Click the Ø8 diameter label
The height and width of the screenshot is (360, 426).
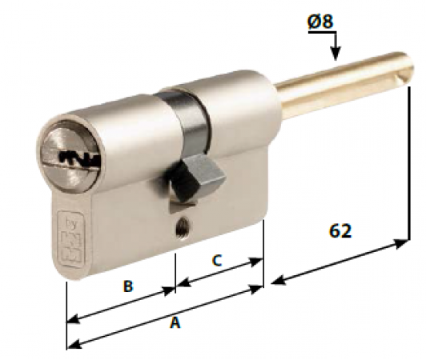320,22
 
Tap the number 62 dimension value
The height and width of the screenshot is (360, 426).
341,230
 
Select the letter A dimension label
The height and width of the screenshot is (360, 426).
175,323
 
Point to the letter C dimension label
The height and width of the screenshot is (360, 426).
215,261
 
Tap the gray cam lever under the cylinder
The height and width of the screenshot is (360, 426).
191,175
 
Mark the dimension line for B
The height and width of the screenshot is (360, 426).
120,304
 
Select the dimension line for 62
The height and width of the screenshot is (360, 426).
340,263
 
